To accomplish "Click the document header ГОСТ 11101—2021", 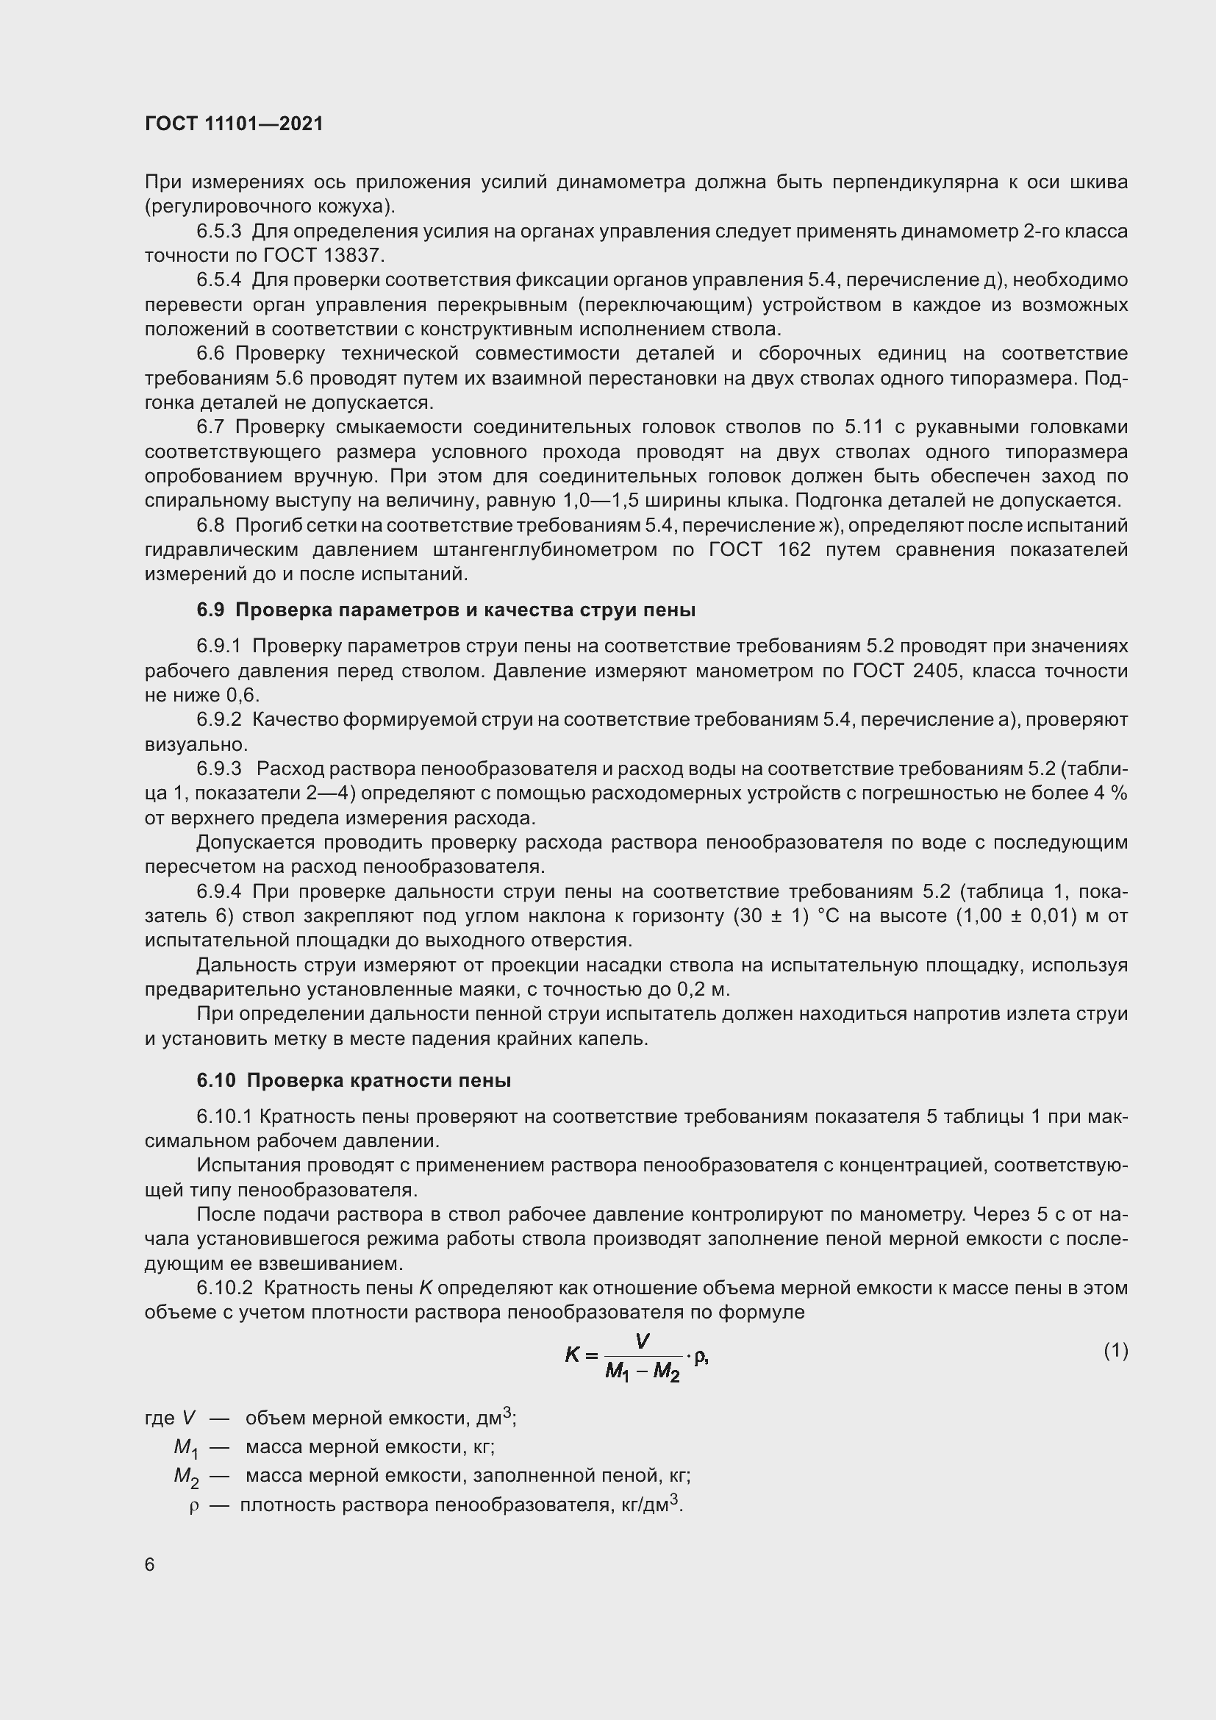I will pos(234,124).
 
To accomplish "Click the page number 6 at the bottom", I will pos(150,1565).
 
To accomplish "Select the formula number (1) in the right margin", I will pos(1115,1351).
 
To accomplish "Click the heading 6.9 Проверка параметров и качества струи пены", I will pos(446,610).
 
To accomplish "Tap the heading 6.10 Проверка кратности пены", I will pos(354,1080).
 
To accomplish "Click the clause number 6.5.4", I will pos(218,280).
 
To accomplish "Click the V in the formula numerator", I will pos(642,1341).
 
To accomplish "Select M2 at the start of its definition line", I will pos(187,1477).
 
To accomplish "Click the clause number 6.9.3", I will pos(218,768).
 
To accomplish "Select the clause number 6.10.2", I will pos(225,1288).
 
